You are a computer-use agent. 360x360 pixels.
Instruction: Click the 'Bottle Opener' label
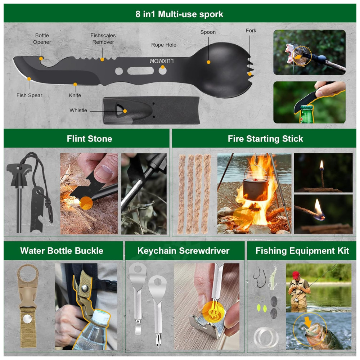[42, 39]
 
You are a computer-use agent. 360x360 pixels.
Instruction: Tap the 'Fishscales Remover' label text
[103, 39]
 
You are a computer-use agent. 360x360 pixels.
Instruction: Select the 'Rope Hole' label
[164, 45]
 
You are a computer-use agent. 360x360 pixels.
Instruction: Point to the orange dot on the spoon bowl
[208, 62]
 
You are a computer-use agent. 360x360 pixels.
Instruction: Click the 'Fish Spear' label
[30, 95]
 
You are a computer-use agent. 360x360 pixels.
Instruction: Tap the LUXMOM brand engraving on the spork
[161, 61]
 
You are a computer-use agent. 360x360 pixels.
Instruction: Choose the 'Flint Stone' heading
[90, 139]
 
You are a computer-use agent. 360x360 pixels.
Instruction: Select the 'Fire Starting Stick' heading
[265, 139]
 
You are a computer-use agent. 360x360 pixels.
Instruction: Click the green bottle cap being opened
[306, 107]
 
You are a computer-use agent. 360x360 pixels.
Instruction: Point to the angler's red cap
[296, 274]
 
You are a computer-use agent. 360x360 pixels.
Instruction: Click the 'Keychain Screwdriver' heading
[184, 251]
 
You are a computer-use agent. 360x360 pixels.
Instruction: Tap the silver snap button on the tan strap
[27, 319]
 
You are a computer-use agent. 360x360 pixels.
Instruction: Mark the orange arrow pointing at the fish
[308, 322]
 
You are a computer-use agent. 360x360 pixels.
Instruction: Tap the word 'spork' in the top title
[211, 14]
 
